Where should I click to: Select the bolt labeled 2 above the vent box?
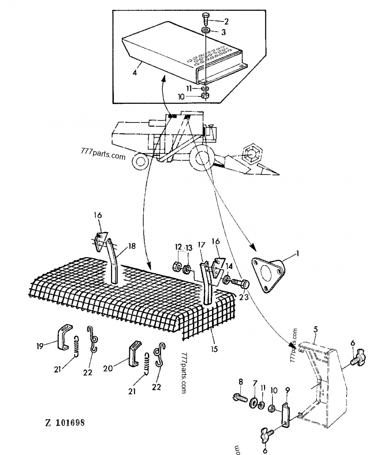point(206,20)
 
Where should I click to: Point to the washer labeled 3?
point(205,32)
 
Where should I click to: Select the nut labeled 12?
point(177,267)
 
